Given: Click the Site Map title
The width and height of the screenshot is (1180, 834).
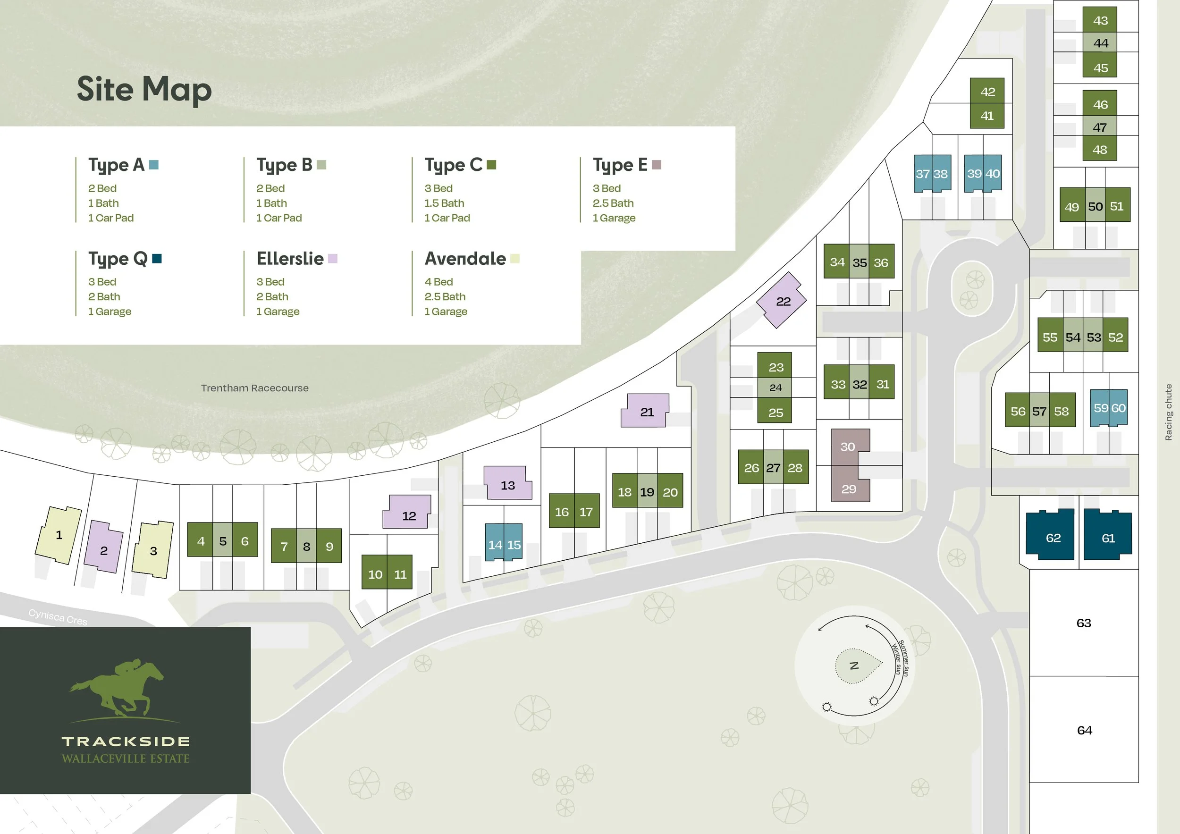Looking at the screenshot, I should tap(144, 89).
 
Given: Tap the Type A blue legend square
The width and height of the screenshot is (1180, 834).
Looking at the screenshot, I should tap(154, 165).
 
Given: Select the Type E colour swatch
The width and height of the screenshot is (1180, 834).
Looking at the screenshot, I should tap(656, 165).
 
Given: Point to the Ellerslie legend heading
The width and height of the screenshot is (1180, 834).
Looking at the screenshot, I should tap(290, 259).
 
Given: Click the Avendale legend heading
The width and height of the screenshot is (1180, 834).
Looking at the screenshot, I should tap(465, 259).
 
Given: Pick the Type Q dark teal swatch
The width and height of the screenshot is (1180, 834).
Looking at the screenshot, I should tap(157, 259).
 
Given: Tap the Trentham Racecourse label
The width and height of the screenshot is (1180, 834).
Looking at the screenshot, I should tap(254, 388).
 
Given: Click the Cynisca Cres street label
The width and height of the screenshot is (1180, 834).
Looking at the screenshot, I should tap(58, 616).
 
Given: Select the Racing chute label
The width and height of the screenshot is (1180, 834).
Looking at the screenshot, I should tap(1168, 412).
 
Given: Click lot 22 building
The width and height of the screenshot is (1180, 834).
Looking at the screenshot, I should tap(782, 301).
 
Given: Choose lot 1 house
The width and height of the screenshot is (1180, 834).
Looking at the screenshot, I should tap(58, 535).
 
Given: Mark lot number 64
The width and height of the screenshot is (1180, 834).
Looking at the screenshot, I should tap(1084, 730).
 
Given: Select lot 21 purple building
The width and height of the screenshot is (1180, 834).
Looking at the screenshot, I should tap(646, 411).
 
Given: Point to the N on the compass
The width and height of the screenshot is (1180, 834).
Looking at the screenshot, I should tap(854, 666).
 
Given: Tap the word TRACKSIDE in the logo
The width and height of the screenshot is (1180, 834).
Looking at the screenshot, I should tap(126, 741).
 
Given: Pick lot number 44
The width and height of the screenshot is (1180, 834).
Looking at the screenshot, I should tap(1100, 43).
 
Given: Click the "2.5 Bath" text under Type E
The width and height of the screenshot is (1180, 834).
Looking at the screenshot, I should tap(613, 203).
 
